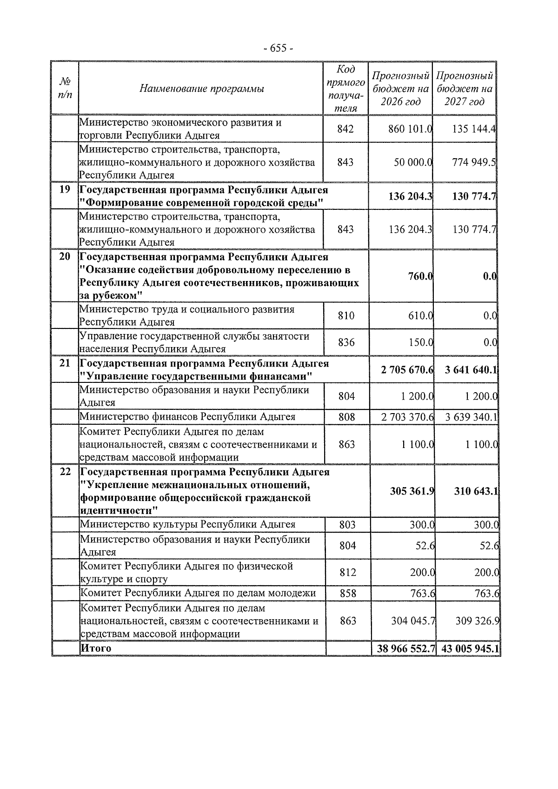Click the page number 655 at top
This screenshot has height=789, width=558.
pyautogui.click(x=278, y=48)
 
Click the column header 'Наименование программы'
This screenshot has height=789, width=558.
pyautogui.click(x=201, y=88)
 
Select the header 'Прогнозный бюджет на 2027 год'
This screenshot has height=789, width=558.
pyautogui.click(x=464, y=88)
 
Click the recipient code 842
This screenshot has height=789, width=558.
pyautogui.click(x=345, y=129)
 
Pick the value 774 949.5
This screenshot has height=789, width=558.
pyautogui.click(x=474, y=162)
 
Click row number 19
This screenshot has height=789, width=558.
pyautogui.click(x=65, y=190)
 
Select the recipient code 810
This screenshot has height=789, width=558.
pyautogui.click(x=346, y=316)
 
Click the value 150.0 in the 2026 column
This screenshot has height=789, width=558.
pyautogui.click(x=421, y=343)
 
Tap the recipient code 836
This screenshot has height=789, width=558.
pyautogui.click(x=346, y=343)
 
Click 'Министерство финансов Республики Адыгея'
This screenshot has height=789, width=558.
pyautogui.click(x=187, y=417)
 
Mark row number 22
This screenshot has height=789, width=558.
pyautogui.click(x=65, y=472)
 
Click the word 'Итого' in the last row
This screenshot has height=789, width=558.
pyautogui.click(x=96, y=648)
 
